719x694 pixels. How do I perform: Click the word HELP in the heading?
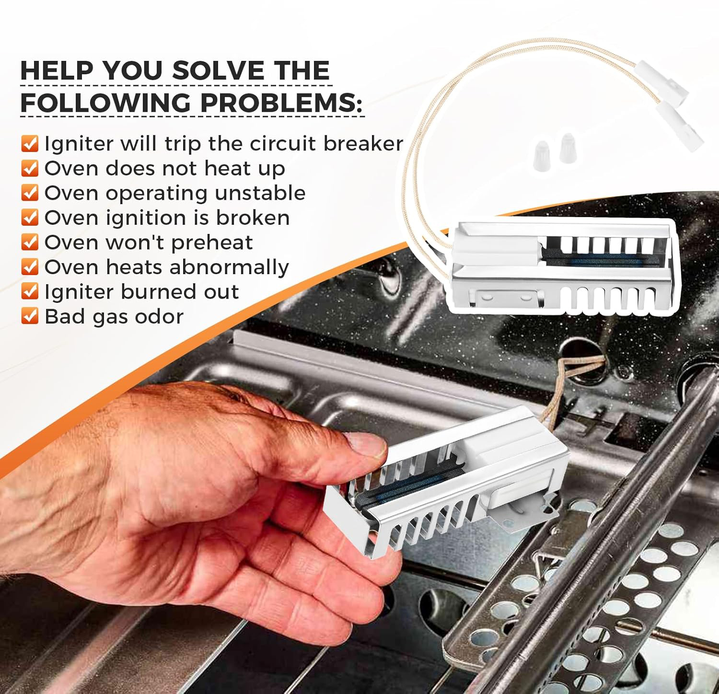click(57, 71)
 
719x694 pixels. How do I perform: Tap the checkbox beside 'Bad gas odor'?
click(30, 316)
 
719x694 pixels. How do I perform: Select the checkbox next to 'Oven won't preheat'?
click(30, 242)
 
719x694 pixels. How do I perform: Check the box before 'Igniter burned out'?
click(30, 291)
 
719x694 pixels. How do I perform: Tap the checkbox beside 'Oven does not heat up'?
click(30, 168)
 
